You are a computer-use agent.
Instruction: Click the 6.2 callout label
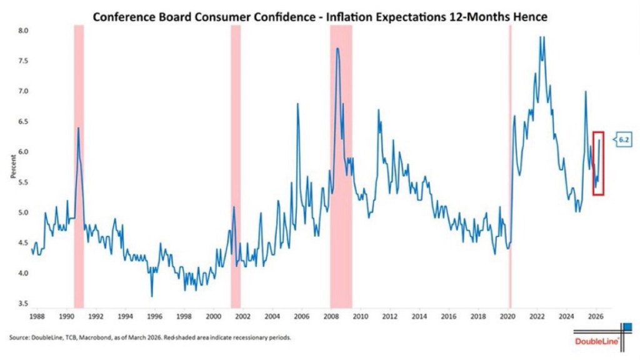(623, 140)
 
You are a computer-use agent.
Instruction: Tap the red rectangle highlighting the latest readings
(597, 164)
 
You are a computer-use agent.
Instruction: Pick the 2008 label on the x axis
(331, 317)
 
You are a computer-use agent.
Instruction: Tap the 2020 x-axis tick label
(507, 317)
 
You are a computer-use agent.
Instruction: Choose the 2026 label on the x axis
(596, 317)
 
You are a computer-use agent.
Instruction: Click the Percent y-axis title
(12, 167)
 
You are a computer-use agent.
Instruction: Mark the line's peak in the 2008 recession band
(337, 49)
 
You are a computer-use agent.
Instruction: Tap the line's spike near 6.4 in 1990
(78, 128)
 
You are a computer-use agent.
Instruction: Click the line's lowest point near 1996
(152, 296)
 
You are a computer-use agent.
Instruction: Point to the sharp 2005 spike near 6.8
(297, 104)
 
